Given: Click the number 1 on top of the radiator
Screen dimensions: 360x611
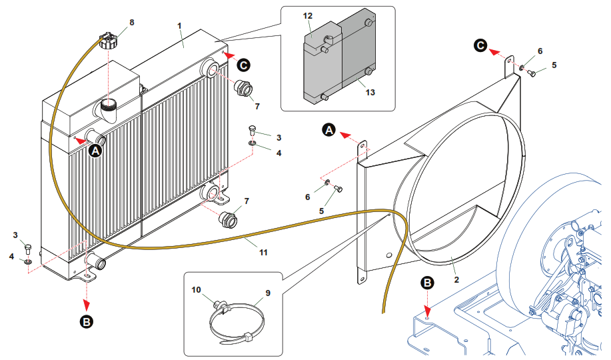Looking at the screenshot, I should [179, 25].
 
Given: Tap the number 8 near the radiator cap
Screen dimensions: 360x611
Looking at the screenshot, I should [131, 22].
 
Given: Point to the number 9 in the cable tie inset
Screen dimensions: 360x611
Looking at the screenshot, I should [268, 293].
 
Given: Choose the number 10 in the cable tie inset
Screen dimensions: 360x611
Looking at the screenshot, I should [196, 290].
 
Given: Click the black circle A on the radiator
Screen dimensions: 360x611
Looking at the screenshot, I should [95, 151].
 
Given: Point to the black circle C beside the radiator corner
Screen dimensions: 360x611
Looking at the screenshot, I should [244, 65].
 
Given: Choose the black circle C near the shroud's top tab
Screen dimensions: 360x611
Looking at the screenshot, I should [480, 45].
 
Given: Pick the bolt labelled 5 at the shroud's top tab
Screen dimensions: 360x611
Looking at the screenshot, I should [532, 73].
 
